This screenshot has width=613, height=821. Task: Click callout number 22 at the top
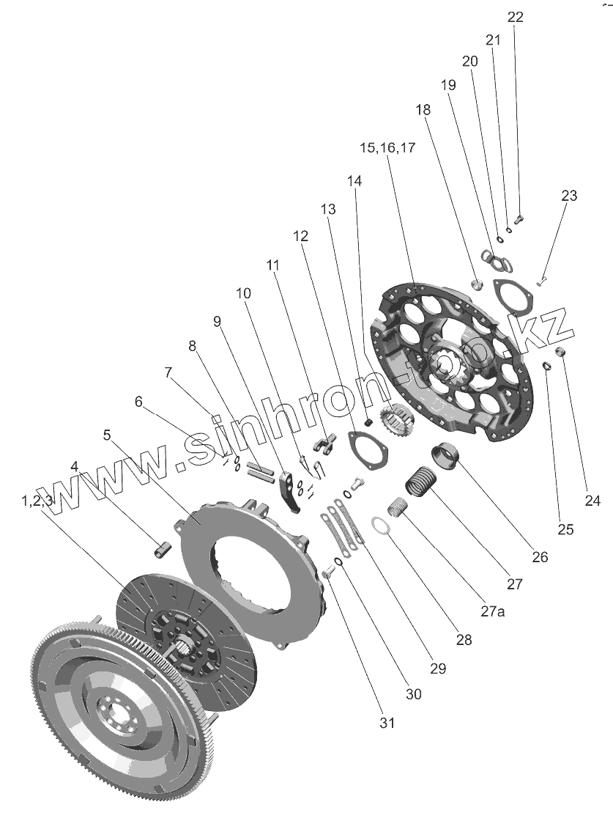[516, 17]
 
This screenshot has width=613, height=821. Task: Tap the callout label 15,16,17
[387, 147]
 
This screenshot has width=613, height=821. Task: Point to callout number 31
[387, 723]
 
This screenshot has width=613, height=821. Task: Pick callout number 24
[592, 501]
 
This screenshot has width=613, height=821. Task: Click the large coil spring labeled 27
[419, 484]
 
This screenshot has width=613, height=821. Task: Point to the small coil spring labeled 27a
[396, 506]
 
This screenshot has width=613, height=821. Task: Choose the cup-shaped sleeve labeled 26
[444, 457]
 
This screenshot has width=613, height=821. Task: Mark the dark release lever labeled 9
[290, 493]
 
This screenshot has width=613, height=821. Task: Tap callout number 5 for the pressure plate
[107, 435]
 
